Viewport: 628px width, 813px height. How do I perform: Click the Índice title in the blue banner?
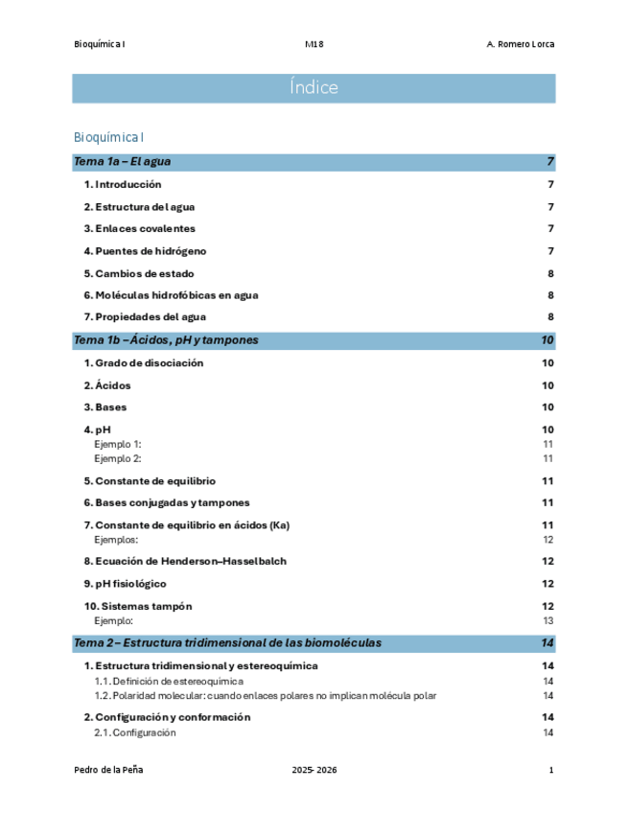[314, 88]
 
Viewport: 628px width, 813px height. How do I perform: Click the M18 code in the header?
[314, 44]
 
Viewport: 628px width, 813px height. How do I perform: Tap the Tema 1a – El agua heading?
[123, 162]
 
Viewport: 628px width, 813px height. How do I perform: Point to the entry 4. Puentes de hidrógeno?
[145, 251]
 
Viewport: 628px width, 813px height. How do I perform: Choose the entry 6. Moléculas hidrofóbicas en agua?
[171, 295]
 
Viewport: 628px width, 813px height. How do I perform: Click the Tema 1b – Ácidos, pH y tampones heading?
[166, 340]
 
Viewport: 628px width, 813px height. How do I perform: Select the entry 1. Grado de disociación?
[144, 363]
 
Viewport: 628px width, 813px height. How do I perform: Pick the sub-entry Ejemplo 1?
[118, 444]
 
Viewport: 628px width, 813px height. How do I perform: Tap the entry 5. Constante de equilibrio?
[150, 480]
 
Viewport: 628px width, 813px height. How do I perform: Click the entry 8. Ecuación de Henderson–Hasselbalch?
[185, 561]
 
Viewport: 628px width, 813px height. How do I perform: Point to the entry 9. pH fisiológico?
[125, 584]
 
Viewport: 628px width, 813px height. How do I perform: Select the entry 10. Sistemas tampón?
[138, 606]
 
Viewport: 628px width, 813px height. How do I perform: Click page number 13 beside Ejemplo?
[547, 620]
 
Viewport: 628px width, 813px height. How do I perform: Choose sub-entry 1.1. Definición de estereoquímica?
[169, 681]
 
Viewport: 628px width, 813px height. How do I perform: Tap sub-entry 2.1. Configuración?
[135, 732]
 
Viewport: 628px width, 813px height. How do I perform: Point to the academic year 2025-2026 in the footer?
[314, 771]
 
